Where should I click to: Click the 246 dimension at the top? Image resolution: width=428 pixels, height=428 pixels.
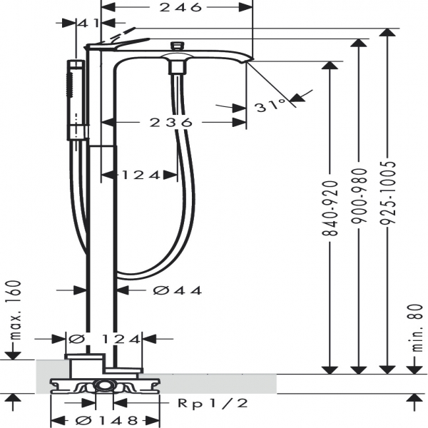(180, 7)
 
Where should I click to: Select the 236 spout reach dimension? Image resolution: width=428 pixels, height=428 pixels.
(171, 123)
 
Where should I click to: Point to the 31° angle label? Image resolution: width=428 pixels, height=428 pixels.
(270, 106)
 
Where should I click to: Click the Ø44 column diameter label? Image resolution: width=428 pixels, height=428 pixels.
(178, 290)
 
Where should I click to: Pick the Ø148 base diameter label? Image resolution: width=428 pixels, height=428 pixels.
(106, 421)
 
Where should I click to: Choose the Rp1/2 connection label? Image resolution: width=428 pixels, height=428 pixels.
(213, 403)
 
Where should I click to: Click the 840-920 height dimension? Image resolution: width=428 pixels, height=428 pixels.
(330, 208)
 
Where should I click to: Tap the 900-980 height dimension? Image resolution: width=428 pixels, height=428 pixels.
(359, 196)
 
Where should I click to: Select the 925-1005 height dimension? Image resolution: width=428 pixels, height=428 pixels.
(387, 193)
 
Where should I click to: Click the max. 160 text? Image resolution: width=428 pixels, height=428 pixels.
(16, 310)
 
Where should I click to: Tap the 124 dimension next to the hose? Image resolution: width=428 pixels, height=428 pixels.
(141, 175)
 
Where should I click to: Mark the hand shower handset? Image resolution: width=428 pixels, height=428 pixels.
(76, 101)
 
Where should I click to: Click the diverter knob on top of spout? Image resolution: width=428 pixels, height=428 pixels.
(177, 46)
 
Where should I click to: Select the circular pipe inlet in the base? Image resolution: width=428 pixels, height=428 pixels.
(104, 386)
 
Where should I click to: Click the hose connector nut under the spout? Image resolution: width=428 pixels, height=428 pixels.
(177, 67)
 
